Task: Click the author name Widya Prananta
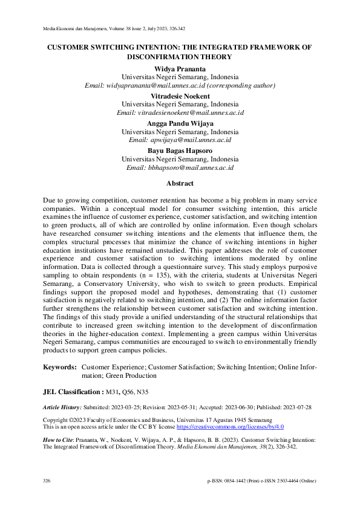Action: click(x=180, y=69)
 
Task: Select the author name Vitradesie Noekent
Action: click(x=180, y=96)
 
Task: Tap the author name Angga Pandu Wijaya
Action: click(x=180, y=123)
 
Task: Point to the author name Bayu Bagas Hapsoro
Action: click(x=180, y=151)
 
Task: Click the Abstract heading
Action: click(x=180, y=183)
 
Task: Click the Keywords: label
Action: click(x=59, y=367)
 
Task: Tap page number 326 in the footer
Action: click(x=47, y=481)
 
